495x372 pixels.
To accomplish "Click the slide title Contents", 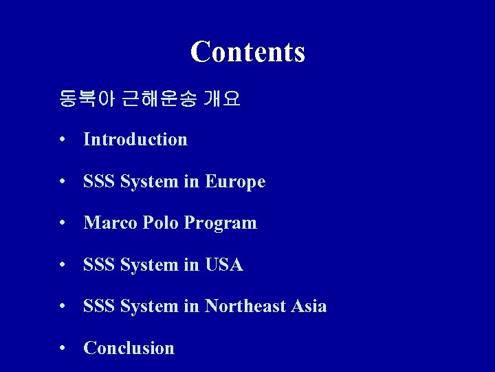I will (x=247, y=52).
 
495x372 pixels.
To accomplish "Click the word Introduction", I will (x=135, y=139).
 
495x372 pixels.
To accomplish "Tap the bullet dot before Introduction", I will (x=63, y=140).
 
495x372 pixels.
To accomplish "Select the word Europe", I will (x=235, y=182).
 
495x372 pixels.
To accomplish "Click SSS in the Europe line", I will (x=99, y=182).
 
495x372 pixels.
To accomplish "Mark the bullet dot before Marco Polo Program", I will (x=63, y=224).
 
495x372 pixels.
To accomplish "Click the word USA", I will (x=224, y=265).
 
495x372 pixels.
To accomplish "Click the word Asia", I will (x=308, y=307).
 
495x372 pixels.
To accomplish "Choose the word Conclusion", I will (x=129, y=349).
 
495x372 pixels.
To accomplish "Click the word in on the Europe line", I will (x=191, y=182).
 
